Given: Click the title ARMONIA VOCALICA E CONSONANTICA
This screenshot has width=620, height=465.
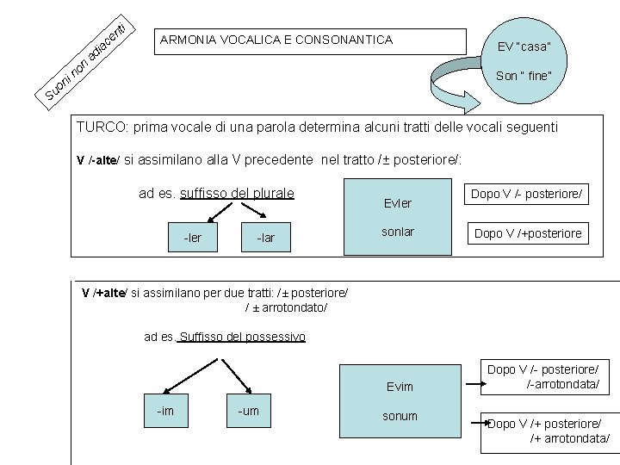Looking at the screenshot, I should (x=276, y=40).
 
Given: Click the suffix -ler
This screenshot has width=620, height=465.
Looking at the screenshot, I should (x=193, y=237).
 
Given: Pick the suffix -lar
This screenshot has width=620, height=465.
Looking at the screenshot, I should (x=266, y=237).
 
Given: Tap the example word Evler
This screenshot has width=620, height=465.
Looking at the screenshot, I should (x=398, y=203).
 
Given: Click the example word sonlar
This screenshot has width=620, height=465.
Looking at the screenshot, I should (x=398, y=232).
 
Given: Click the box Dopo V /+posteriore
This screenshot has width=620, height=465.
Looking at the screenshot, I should (x=528, y=233).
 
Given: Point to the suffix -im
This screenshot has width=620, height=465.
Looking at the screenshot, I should (x=165, y=411).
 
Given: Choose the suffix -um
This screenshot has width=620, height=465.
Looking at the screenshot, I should (x=248, y=411).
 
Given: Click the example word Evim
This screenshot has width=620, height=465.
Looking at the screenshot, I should (x=400, y=387).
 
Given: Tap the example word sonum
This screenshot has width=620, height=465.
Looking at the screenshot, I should (x=400, y=416).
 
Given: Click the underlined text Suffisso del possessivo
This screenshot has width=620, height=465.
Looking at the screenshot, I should (x=242, y=337).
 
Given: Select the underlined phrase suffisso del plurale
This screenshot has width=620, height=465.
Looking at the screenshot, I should (x=237, y=192).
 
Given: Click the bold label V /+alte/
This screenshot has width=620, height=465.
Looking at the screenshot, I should (x=104, y=293).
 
